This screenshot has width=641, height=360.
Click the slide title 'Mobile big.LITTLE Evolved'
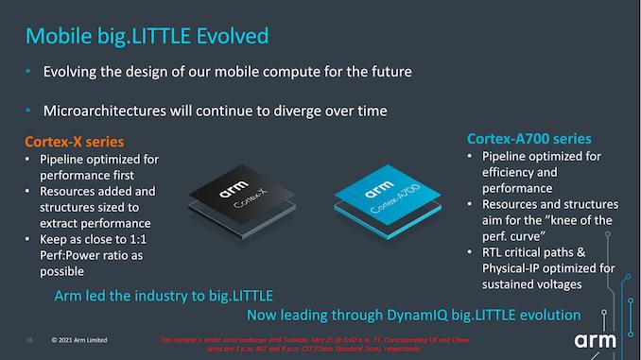pos(147,36)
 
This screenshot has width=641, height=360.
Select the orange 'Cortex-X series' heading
pos(76,142)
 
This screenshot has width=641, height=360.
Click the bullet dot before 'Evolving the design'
pos(30,72)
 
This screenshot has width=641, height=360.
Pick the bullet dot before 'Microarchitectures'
pos(30,111)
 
